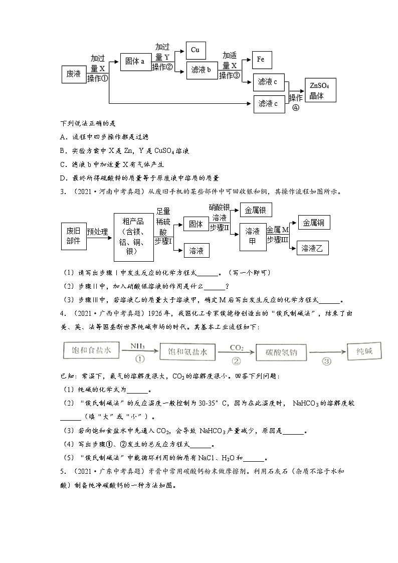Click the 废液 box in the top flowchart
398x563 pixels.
pyautogui.click(x=74, y=74)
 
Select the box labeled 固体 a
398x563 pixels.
pyautogui.click(x=135, y=61)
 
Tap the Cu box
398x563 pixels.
pyautogui.click(x=195, y=50)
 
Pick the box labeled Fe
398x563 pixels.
pyautogui.click(x=261, y=60)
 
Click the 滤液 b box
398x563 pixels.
pyautogui.click(x=202, y=70)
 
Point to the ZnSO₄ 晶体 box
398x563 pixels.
pyautogui.click(x=320, y=90)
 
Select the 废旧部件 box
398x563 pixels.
pyautogui.click(x=73, y=236)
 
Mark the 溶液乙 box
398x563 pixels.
pyautogui.click(x=314, y=248)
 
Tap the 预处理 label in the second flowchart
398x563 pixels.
pyautogui.click(x=98, y=232)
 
